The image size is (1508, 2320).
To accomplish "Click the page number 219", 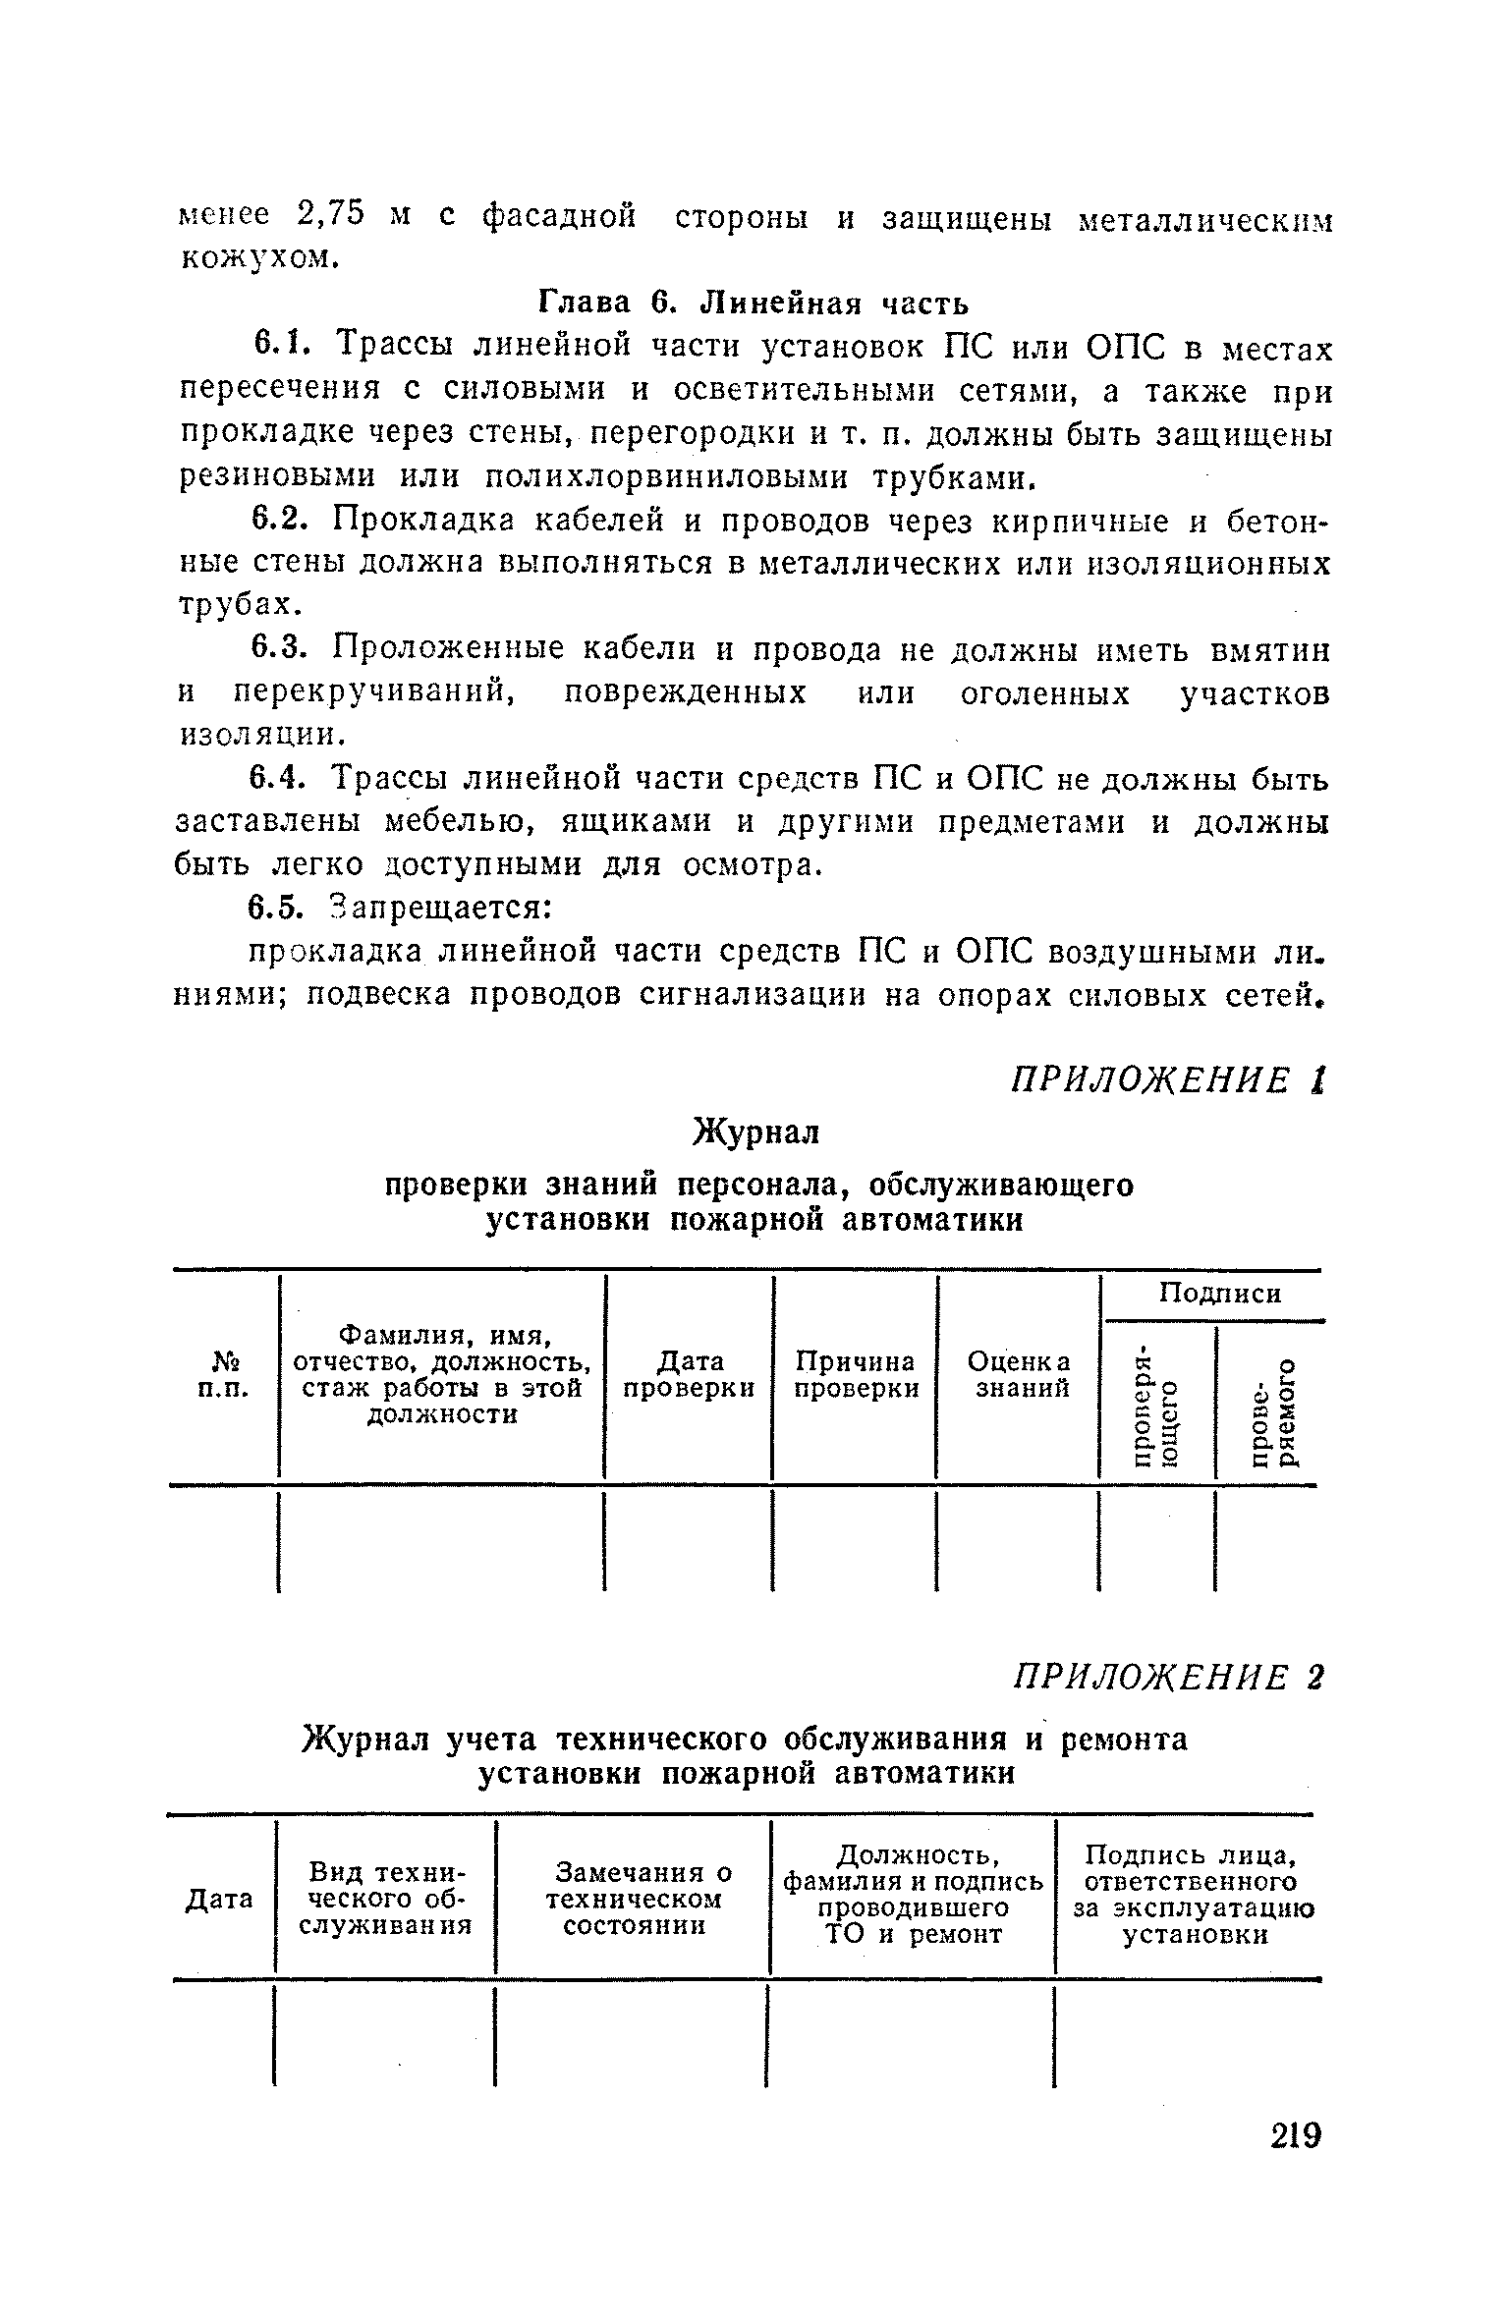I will (1296, 2164).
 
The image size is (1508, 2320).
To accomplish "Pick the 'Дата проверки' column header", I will (690, 1373).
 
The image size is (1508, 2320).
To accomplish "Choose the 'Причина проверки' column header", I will (856, 1373).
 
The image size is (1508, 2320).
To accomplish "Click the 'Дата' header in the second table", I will (219, 1900).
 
